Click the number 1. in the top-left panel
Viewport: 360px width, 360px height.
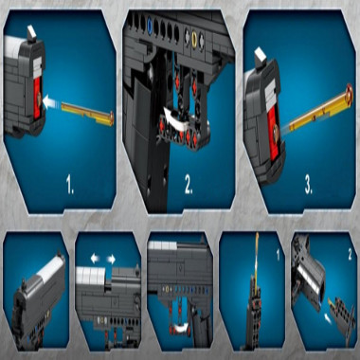(70, 184)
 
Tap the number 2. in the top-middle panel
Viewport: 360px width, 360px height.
(189, 184)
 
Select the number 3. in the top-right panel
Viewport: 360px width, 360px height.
(309, 185)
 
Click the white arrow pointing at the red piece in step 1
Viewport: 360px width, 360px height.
(51, 102)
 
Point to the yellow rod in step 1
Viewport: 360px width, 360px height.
(88, 114)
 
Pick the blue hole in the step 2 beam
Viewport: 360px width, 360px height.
(150, 27)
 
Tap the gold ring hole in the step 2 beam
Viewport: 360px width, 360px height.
(194, 38)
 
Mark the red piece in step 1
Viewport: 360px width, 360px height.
(37, 98)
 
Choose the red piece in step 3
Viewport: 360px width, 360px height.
(274, 133)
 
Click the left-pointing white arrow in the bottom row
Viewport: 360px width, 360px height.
(95, 259)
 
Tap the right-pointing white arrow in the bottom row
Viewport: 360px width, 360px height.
(111, 260)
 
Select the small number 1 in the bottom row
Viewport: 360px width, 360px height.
(278, 255)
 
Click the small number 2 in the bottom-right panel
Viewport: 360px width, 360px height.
(350, 255)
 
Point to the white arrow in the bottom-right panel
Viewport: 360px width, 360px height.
(328, 319)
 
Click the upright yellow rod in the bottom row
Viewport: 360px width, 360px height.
(257, 260)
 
